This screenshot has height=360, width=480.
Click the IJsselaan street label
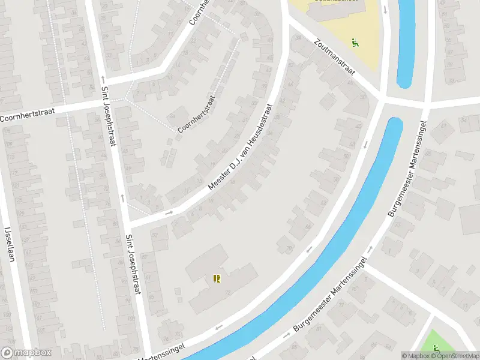click(9, 242)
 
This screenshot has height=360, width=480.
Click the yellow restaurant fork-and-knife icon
click(217, 278)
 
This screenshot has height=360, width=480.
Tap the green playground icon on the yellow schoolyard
click(355, 43)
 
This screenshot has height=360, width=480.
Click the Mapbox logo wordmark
click(26, 353)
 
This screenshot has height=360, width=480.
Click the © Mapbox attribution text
click(415, 356)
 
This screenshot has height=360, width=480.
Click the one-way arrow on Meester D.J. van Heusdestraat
click(169, 212)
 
